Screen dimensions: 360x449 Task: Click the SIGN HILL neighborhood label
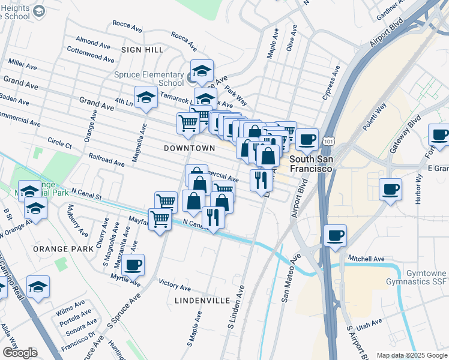point(139,49)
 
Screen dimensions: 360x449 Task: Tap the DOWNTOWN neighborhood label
point(189,148)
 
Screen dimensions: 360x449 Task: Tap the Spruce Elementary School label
point(149,79)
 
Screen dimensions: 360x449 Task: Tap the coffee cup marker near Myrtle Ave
point(133,263)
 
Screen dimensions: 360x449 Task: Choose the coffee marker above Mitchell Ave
point(336,235)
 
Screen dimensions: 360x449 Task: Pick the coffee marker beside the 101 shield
point(307,139)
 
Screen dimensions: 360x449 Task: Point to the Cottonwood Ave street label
point(91,55)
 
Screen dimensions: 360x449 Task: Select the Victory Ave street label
point(174,283)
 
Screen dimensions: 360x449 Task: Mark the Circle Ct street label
point(60,142)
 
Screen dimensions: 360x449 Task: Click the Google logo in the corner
point(20,353)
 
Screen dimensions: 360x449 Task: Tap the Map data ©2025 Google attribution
point(412,355)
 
